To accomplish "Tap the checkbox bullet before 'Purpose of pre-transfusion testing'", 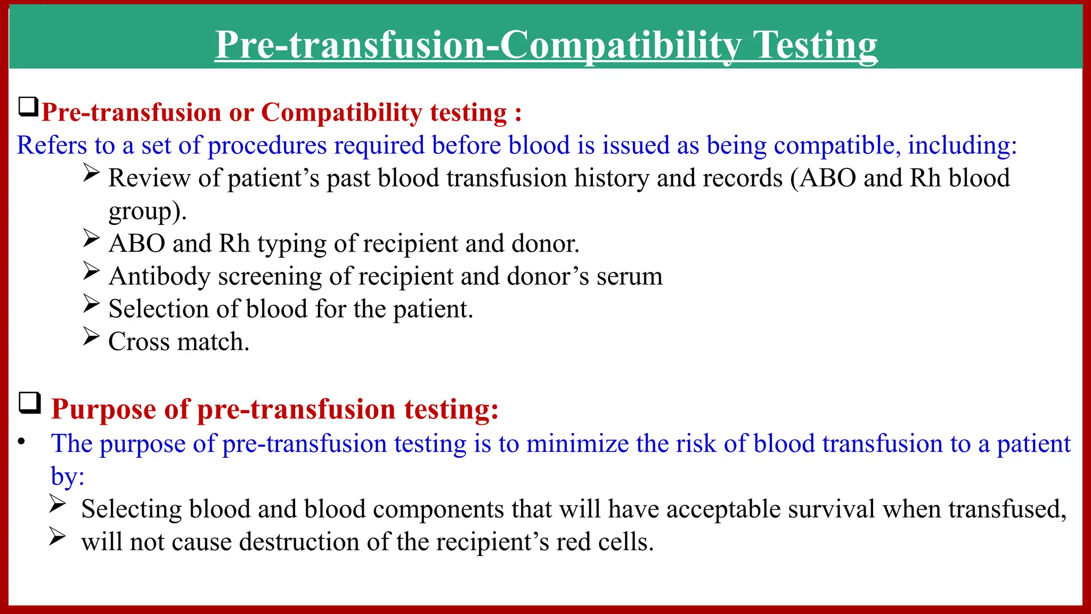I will tap(30, 403).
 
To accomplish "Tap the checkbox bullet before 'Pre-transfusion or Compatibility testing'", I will tap(28, 107).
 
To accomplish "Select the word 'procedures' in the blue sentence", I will tap(267, 146).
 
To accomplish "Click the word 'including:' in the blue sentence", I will tap(962, 146).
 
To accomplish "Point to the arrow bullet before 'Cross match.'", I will tap(91, 336).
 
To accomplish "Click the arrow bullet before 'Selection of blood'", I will tap(91, 304).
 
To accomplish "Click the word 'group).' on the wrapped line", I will tap(148, 211).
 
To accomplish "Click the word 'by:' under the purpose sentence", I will tap(67, 476).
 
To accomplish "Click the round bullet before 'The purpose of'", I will tap(21, 442).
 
